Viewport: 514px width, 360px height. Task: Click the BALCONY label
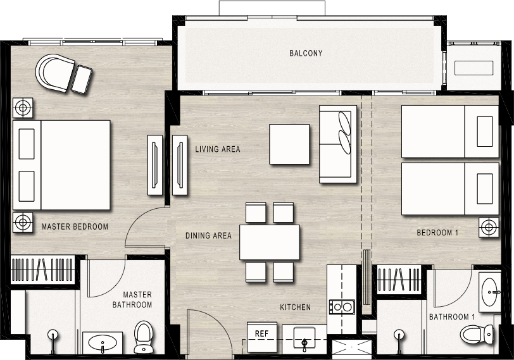point(306,53)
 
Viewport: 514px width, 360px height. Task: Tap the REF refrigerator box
point(261,337)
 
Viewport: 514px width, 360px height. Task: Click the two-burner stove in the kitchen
point(342,307)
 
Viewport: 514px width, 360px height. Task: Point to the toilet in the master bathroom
point(144,337)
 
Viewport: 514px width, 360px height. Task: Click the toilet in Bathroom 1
point(477,335)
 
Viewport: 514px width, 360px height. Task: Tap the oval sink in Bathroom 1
point(490,292)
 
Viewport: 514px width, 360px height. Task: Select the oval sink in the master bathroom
point(103,342)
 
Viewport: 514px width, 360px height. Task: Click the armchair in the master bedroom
point(54,73)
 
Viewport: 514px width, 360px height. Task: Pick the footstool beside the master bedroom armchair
point(82,80)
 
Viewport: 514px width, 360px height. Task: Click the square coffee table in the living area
point(289,144)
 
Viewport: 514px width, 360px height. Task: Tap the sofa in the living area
point(338,144)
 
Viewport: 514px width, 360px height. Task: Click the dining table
point(270,242)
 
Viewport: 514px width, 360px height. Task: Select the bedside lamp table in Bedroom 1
point(489,227)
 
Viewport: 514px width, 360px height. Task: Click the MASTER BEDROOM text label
point(75,227)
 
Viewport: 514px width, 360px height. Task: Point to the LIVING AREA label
point(218,149)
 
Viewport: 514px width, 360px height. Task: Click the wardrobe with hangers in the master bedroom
point(42,270)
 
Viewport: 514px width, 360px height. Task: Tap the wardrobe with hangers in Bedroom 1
point(399,279)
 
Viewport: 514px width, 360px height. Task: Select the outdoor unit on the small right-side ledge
point(473,68)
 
